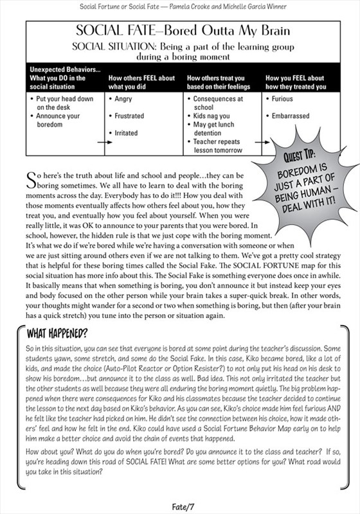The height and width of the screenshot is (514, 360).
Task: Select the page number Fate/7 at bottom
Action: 180,506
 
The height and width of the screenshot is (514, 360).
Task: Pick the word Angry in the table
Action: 123,100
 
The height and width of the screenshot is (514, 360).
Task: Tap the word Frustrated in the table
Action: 129,116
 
